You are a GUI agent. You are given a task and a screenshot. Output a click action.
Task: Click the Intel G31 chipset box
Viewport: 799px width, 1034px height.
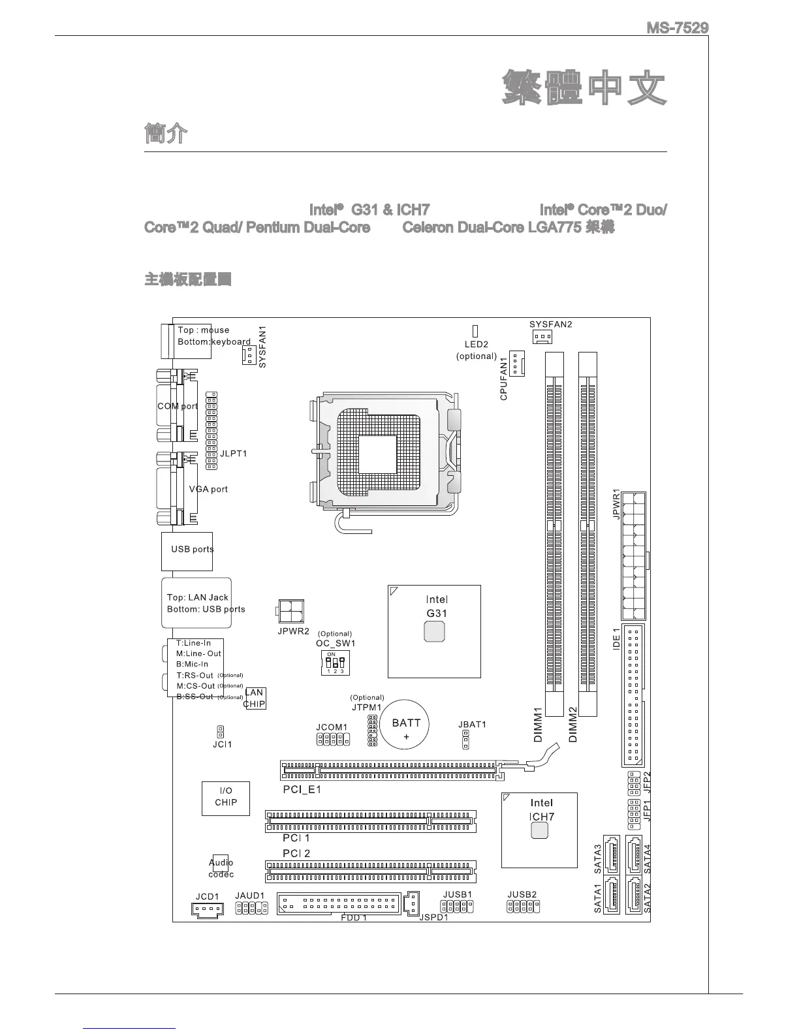[x=434, y=631]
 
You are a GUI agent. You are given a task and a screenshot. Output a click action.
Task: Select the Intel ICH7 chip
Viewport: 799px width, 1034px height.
[x=539, y=830]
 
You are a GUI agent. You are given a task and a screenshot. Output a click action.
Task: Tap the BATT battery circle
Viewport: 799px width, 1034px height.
[x=406, y=725]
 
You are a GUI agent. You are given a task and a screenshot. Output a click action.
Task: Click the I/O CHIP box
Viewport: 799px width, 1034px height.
[x=225, y=797]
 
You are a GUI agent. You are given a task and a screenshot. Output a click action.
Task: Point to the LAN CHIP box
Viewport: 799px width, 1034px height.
[x=255, y=698]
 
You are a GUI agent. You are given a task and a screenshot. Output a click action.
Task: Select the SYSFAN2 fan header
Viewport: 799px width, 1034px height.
[x=542, y=337]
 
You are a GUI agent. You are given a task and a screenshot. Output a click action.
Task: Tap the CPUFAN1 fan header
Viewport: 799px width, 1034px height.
[x=517, y=364]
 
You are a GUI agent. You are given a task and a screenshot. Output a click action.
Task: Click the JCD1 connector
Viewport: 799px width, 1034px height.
[x=207, y=909]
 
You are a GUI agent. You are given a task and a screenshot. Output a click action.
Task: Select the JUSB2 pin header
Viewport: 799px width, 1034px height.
[x=524, y=906]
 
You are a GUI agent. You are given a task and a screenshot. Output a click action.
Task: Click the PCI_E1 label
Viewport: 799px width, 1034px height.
[x=302, y=789]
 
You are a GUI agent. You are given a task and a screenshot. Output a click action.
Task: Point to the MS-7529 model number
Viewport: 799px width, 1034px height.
[x=677, y=28]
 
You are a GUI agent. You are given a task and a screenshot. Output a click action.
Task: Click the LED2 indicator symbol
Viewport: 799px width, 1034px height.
[x=475, y=332]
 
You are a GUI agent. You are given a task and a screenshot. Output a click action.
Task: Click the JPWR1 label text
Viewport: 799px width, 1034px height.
[x=616, y=504]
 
